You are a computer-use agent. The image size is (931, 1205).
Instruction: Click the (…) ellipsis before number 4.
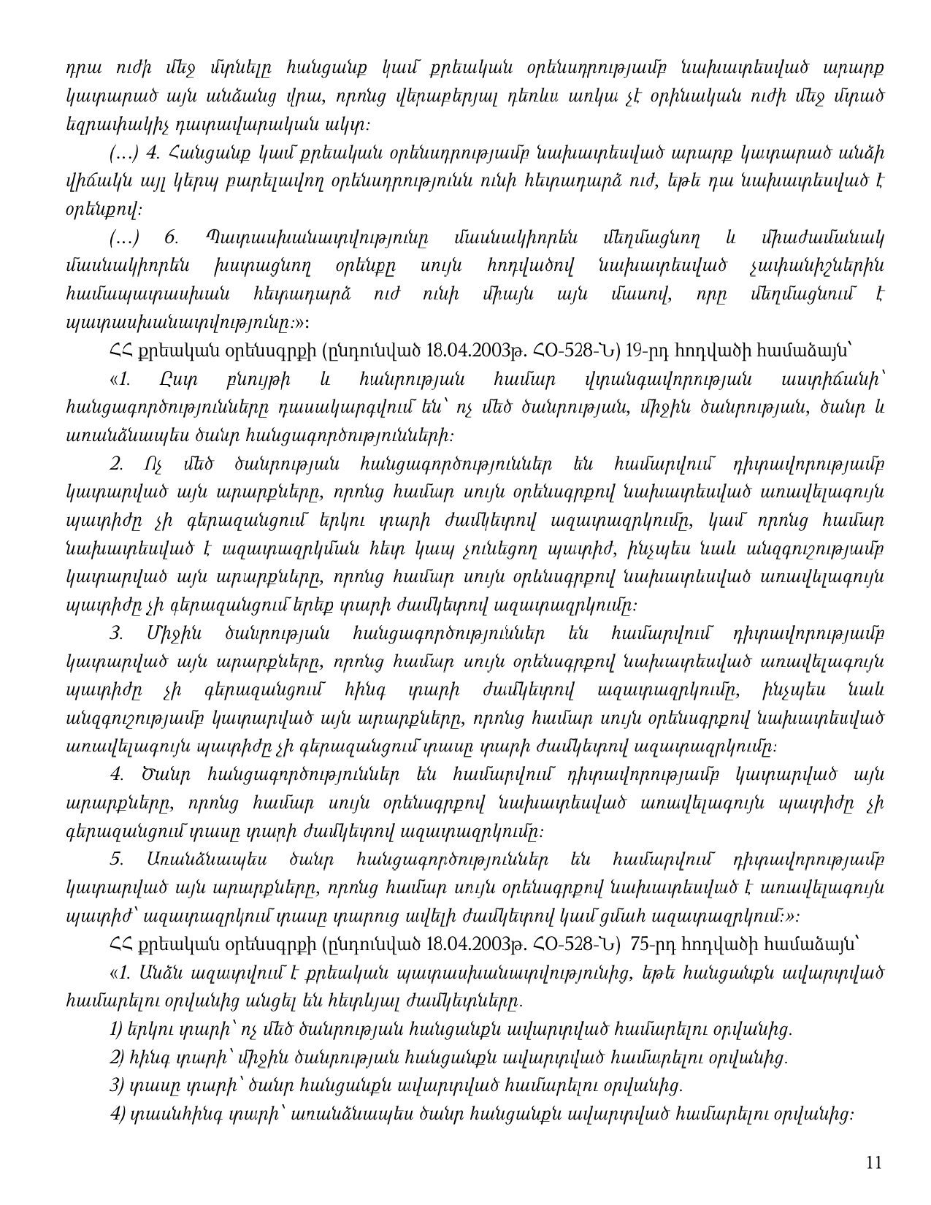(120, 153)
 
